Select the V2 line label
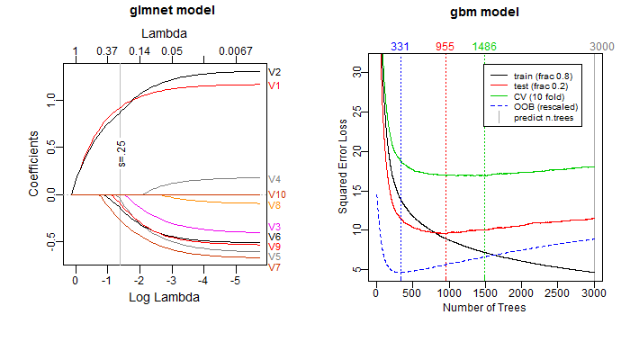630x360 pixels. pyautogui.click(x=274, y=72)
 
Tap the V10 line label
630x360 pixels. pyautogui.click(x=277, y=194)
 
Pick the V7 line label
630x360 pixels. pyautogui.click(x=274, y=267)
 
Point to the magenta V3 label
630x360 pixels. pyautogui.click(x=274, y=226)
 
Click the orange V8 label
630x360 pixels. pyautogui.click(x=274, y=205)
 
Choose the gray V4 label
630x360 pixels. pyautogui.click(x=274, y=179)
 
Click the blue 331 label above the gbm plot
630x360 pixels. pyautogui.click(x=400, y=47)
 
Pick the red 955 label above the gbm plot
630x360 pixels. pyautogui.click(x=445, y=47)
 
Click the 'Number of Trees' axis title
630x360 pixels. pyautogui.click(x=484, y=308)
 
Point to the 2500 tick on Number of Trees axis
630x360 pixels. pyautogui.click(x=558, y=292)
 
